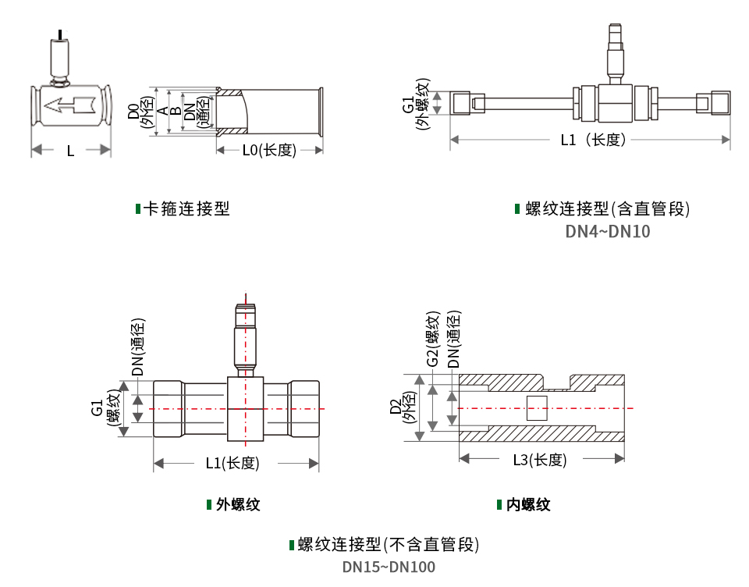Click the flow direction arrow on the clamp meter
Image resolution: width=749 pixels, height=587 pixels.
point(69,104)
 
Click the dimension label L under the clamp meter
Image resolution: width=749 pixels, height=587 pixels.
point(70,151)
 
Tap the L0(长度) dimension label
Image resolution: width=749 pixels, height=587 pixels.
point(268,150)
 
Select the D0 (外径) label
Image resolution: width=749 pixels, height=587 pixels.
point(138,112)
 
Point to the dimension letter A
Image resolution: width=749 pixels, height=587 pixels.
point(162,112)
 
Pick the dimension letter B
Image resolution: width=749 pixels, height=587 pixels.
point(176,112)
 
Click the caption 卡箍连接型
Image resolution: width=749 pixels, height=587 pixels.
point(186,208)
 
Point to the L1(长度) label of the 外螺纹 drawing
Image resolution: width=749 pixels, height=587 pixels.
point(233,463)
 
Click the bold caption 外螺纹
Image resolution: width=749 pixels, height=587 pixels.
point(238,504)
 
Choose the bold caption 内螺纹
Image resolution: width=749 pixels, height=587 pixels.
point(528,504)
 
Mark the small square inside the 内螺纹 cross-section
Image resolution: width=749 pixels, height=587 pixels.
point(537,408)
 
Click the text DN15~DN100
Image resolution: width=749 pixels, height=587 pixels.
point(389,567)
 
